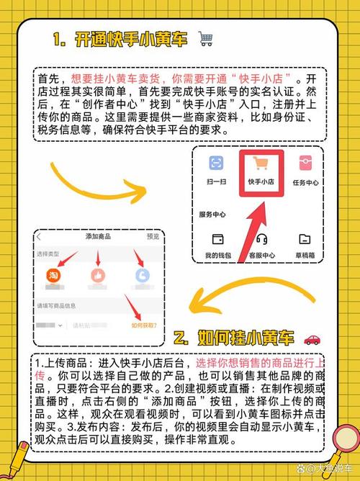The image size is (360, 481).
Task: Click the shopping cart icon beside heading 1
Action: (x=205, y=40)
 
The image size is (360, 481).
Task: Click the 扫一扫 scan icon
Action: (x=217, y=163)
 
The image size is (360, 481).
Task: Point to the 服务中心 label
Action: (x=214, y=215)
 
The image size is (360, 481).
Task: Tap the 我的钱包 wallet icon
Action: (x=217, y=239)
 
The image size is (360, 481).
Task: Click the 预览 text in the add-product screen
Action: (x=153, y=237)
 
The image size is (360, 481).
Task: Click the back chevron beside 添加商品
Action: (x=39, y=237)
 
